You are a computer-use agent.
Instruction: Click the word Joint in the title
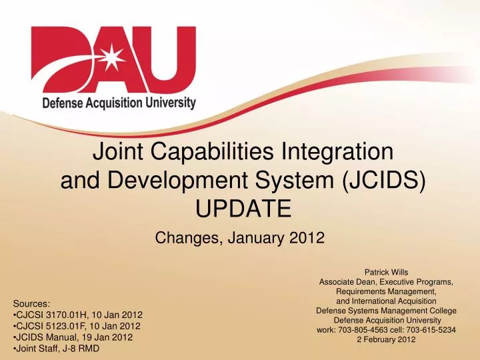pos(113,153)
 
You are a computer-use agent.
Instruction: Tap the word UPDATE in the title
pos(243,209)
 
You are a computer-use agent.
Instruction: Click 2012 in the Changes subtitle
pos(308,237)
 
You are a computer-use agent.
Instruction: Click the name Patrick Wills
pos(386,271)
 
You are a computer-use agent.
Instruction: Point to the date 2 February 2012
pos(386,339)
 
